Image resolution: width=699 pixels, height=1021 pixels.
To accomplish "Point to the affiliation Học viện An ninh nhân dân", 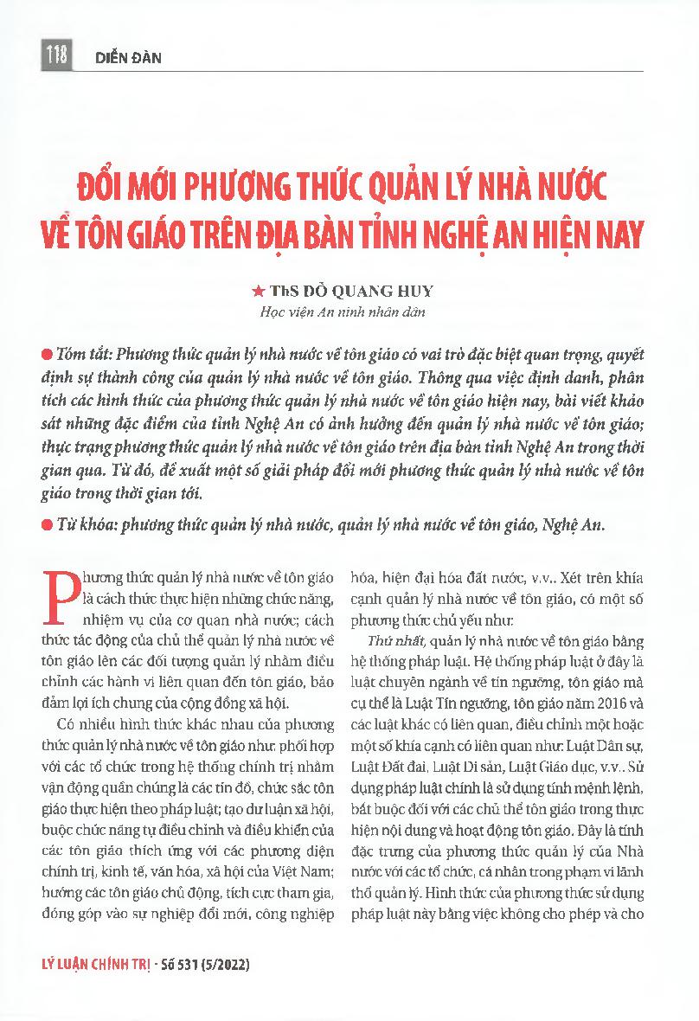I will click(x=349, y=312).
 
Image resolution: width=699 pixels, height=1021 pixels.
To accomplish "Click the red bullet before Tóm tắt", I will click(x=46, y=356).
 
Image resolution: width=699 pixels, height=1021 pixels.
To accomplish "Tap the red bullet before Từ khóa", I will click(x=46, y=525).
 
